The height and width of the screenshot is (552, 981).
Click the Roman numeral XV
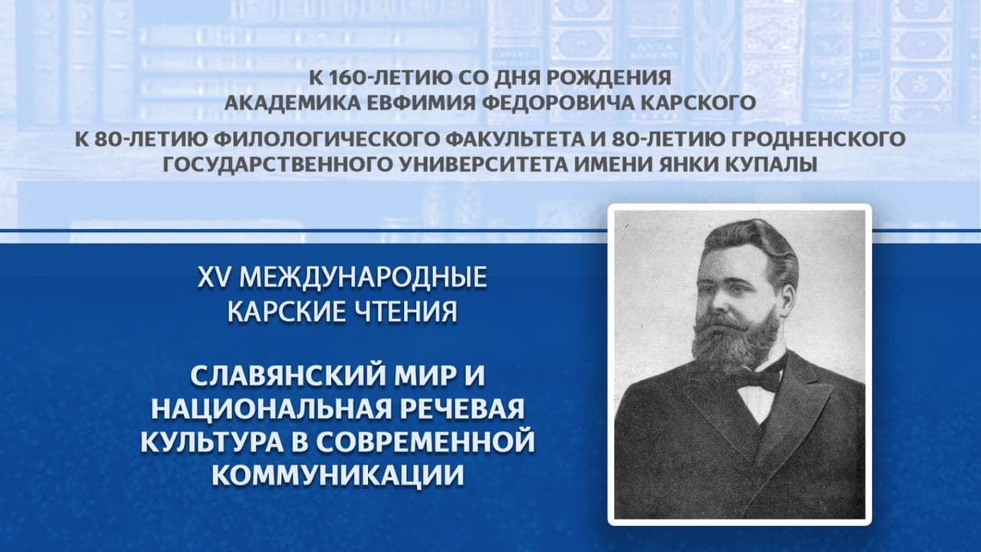pyautogui.click(x=215, y=278)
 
